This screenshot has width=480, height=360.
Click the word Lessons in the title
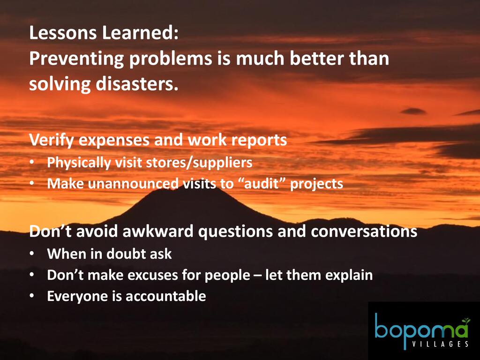tap(63, 33)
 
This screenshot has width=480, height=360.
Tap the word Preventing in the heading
tap(76, 59)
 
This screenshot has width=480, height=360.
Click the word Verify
tap(52, 140)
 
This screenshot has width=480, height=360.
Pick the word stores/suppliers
tap(199, 163)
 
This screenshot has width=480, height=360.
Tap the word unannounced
tap(133, 183)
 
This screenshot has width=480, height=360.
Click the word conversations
tap(364, 231)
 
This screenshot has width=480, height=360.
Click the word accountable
tap(165, 296)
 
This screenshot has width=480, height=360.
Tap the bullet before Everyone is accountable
tap(32, 296)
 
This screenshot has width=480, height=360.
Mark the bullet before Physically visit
tap(32, 163)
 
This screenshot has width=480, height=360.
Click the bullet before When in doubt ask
tap(32, 254)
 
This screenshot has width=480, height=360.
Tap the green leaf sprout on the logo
tap(466, 321)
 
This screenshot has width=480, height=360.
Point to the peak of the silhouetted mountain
tap(196, 187)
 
